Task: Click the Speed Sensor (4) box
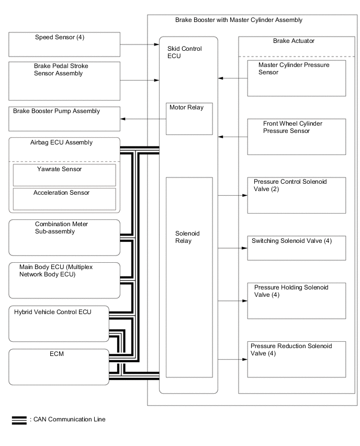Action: tap(64, 44)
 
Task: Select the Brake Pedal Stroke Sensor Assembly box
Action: tap(64, 81)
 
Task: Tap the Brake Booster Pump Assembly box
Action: tap(64, 119)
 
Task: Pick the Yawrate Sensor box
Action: tap(64, 175)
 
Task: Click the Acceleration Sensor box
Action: tap(64, 198)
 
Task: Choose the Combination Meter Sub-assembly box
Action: tap(64, 237)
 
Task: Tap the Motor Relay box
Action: tap(189, 119)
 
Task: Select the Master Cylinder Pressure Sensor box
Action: tap(296, 78)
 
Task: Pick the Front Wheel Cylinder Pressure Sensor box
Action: tap(296, 137)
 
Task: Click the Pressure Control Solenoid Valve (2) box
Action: tap(296, 195)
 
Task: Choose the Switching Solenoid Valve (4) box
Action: tap(296, 248)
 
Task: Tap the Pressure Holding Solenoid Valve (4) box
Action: tap(296, 300)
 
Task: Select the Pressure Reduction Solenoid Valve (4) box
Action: tap(296, 359)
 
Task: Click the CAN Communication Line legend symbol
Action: tap(19, 420)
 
